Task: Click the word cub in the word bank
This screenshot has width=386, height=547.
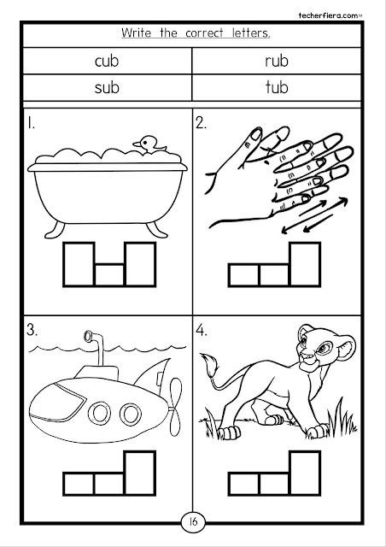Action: tap(107, 61)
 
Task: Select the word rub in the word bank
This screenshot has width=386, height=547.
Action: tap(277, 61)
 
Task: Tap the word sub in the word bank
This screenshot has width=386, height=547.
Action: tap(107, 87)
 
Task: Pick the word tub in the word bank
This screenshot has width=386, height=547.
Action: tap(277, 87)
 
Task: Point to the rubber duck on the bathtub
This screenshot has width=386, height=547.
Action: tap(149, 144)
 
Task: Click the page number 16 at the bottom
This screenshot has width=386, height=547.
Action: tap(193, 521)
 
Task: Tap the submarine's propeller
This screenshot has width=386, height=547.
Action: tap(175, 407)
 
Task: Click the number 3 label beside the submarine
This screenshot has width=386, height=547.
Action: tap(32, 331)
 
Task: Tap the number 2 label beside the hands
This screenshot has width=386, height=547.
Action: tap(201, 123)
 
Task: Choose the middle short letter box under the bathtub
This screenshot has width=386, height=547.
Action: tap(109, 275)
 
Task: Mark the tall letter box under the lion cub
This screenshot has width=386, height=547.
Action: tap(305, 473)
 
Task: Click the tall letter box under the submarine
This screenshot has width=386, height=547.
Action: tap(140, 473)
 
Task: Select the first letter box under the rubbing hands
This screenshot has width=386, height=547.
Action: tap(244, 275)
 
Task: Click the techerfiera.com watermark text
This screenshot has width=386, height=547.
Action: tap(328, 15)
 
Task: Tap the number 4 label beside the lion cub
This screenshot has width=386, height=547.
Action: tap(202, 331)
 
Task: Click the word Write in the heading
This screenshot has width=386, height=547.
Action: tap(137, 33)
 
